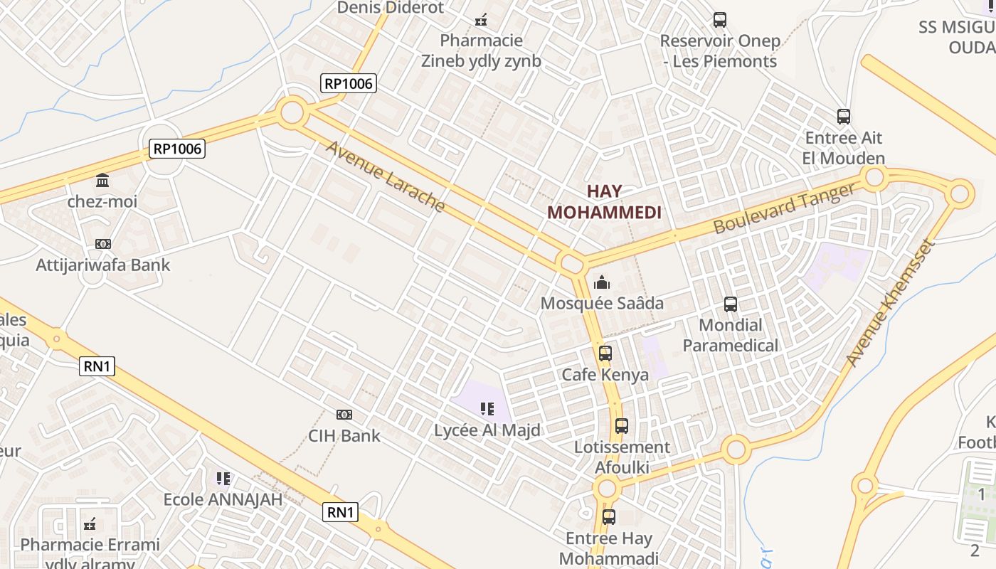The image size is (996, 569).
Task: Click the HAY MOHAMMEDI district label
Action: click(x=604, y=201)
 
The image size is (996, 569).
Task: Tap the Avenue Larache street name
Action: click(x=385, y=176)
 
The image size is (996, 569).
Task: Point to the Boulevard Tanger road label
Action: click(x=784, y=208)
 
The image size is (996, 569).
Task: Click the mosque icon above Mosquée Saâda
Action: click(x=602, y=282)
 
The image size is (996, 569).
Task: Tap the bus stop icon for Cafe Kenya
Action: click(x=605, y=353)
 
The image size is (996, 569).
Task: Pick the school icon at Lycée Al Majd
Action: click(x=487, y=409)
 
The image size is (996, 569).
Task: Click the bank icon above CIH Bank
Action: click(x=344, y=414)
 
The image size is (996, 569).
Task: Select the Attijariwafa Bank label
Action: click(x=103, y=265)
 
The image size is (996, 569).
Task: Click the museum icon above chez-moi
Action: click(x=102, y=180)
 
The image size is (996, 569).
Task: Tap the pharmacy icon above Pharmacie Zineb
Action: click(x=481, y=20)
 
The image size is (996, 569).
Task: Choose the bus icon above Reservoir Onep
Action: click(x=720, y=20)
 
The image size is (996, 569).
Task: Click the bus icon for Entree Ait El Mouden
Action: click(x=844, y=116)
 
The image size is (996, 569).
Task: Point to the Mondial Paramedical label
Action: click(x=731, y=335)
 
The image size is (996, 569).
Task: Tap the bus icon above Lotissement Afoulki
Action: click(x=622, y=426)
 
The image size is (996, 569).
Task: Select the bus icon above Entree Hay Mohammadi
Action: click(x=609, y=517)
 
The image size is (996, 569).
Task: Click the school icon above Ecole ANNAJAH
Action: click(x=223, y=479)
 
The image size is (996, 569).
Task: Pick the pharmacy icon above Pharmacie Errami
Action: click(x=90, y=524)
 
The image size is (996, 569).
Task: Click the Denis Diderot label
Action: click(x=391, y=8)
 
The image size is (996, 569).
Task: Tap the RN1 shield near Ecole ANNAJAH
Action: click(x=340, y=511)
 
